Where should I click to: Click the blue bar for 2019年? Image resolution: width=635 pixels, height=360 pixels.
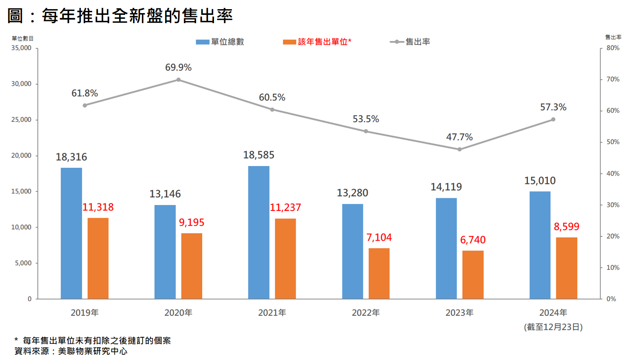point(71,233)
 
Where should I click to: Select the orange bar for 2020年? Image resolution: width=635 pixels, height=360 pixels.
point(192,266)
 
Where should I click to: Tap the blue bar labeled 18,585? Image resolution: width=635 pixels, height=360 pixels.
point(259,232)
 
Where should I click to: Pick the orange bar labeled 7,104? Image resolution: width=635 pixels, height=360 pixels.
point(379,273)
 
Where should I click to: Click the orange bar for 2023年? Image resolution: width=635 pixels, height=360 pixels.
point(473,275)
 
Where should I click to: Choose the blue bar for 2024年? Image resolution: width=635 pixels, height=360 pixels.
point(540,245)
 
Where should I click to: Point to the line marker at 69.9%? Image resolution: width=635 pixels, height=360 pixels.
point(179,80)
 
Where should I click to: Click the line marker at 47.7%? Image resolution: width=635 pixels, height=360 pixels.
point(459,149)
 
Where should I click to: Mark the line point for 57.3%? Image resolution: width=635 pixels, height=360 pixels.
point(553,119)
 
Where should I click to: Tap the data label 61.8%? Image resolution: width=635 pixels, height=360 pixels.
point(85,93)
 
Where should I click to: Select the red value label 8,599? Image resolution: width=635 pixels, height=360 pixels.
point(567,227)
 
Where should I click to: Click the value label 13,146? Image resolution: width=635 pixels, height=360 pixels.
point(165,194)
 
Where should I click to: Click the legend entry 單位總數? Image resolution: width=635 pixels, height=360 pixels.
point(220,42)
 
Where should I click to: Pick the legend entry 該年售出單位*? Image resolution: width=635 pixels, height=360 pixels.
point(318,42)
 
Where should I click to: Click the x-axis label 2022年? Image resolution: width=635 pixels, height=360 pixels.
point(366,313)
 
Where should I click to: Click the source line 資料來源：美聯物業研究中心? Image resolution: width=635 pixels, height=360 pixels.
point(71,351)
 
